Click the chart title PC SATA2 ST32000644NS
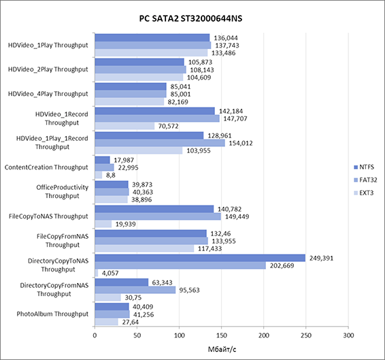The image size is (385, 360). tap(190, 18)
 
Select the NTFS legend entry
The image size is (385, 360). tap(364, 167)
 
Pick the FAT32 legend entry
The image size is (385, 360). tap(365, 180)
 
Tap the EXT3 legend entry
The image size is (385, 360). tap(364, 193)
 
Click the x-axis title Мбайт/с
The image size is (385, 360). tap(222, 349)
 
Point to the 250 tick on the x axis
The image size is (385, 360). tap(306, 336)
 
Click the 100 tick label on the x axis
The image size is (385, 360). tap(180, 336)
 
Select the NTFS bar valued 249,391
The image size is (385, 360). tap(200, 258)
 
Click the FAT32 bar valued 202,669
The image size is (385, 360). tap(180, 265)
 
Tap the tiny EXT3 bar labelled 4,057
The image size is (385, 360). tap(97, 273)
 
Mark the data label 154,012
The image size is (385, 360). tap(241, 143)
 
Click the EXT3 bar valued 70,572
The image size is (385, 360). tap(124, 126)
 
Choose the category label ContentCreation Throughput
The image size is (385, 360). tap(46, 167)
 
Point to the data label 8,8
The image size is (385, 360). tap(111, 175)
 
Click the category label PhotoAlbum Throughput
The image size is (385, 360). tap(52, 314)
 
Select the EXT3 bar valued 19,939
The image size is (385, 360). tap(103, 224)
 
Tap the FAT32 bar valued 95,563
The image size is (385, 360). tap(135, 290)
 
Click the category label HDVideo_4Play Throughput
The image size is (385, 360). tap(48, 94)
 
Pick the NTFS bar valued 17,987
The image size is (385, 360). tap(103, 160)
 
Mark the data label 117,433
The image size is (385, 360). tap(210, 248)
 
